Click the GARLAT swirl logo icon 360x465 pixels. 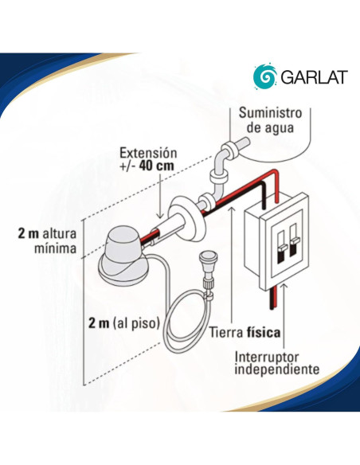(x=264, y=77)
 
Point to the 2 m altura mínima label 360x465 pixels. (x=47, y=241)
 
